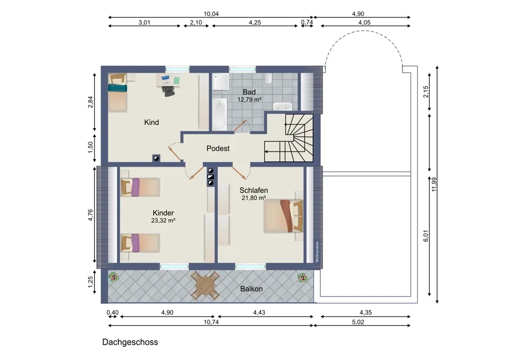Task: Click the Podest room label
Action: pyautogui.click(x=218, y=148)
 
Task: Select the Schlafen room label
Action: pyautogui.click(x=253, y=190)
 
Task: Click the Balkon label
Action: pyautogui.click(x=251, y=289)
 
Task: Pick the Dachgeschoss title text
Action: pyautogui.click(x=130, y=342)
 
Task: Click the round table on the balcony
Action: pyautogui.click(x=205, y=286)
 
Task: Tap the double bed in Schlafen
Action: pyautogui.click(x=283, y=216)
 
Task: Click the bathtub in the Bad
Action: pyautogui.click(x=219, y=114)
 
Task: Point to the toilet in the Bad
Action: pyautogui.click(x=268, y=79)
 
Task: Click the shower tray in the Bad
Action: pyautogui.click(x=221, y=82)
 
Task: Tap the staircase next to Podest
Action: pyautogui.click(x=289, y=138)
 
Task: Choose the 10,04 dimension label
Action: pyautogui.click(x=211, y=14)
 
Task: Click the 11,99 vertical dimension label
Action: pyautogui.click(x=434, y=185)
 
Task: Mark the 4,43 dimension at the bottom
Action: pyautogui.click(x=259, y=313)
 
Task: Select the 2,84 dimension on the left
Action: pyautogui.click(x=90, y=102)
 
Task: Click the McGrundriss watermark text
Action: pyautogui.click(x=317, y=252)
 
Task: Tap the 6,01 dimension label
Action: pyautogui.click(x=426, y=236)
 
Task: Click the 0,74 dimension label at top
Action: pyautogui.click(x=307, y=22)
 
